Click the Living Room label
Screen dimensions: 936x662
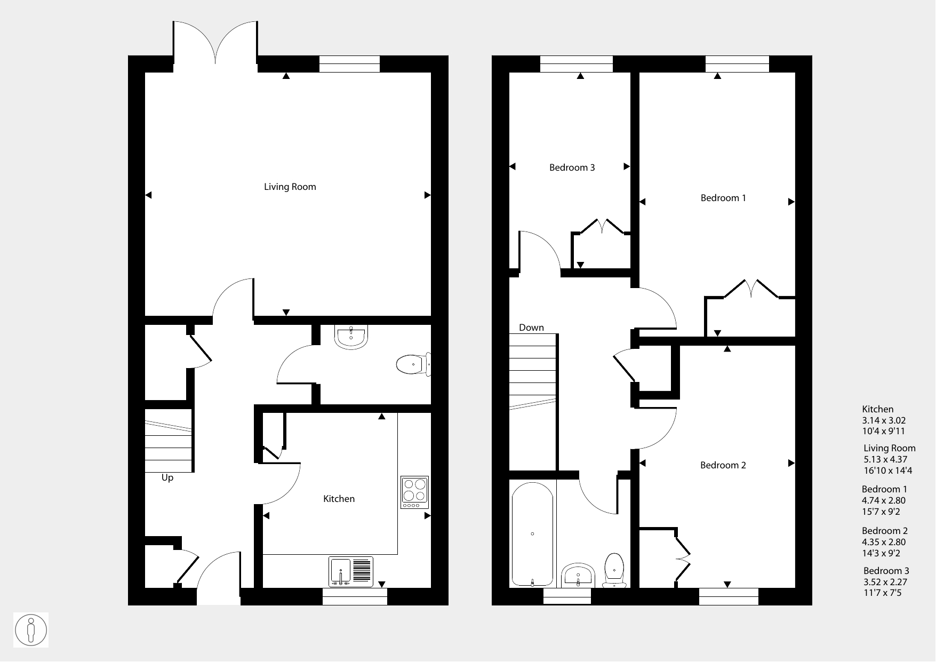point(290,187)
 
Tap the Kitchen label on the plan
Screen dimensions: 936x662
point(339,499)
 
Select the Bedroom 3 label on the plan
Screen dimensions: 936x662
point(572,168)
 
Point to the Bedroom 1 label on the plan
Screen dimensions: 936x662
point(723,198)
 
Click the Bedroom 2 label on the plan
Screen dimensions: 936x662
point(723,465)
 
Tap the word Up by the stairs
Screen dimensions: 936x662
point(167,478)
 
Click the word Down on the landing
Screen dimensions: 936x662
point(532,328)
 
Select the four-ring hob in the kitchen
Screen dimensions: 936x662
point(415,492)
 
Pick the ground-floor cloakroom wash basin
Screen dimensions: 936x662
point(351,337)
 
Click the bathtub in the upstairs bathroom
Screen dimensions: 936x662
point(532,534)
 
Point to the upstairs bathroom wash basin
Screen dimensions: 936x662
point(579,575)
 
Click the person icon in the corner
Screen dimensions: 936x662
point(31,630)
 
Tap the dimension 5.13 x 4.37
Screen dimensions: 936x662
point(885,459)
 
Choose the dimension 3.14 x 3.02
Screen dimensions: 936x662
point(884,420)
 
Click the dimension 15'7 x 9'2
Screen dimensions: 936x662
point(881,512)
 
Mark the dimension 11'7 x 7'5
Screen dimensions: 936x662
point(883,593)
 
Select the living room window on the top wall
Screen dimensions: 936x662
point(349,64)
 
